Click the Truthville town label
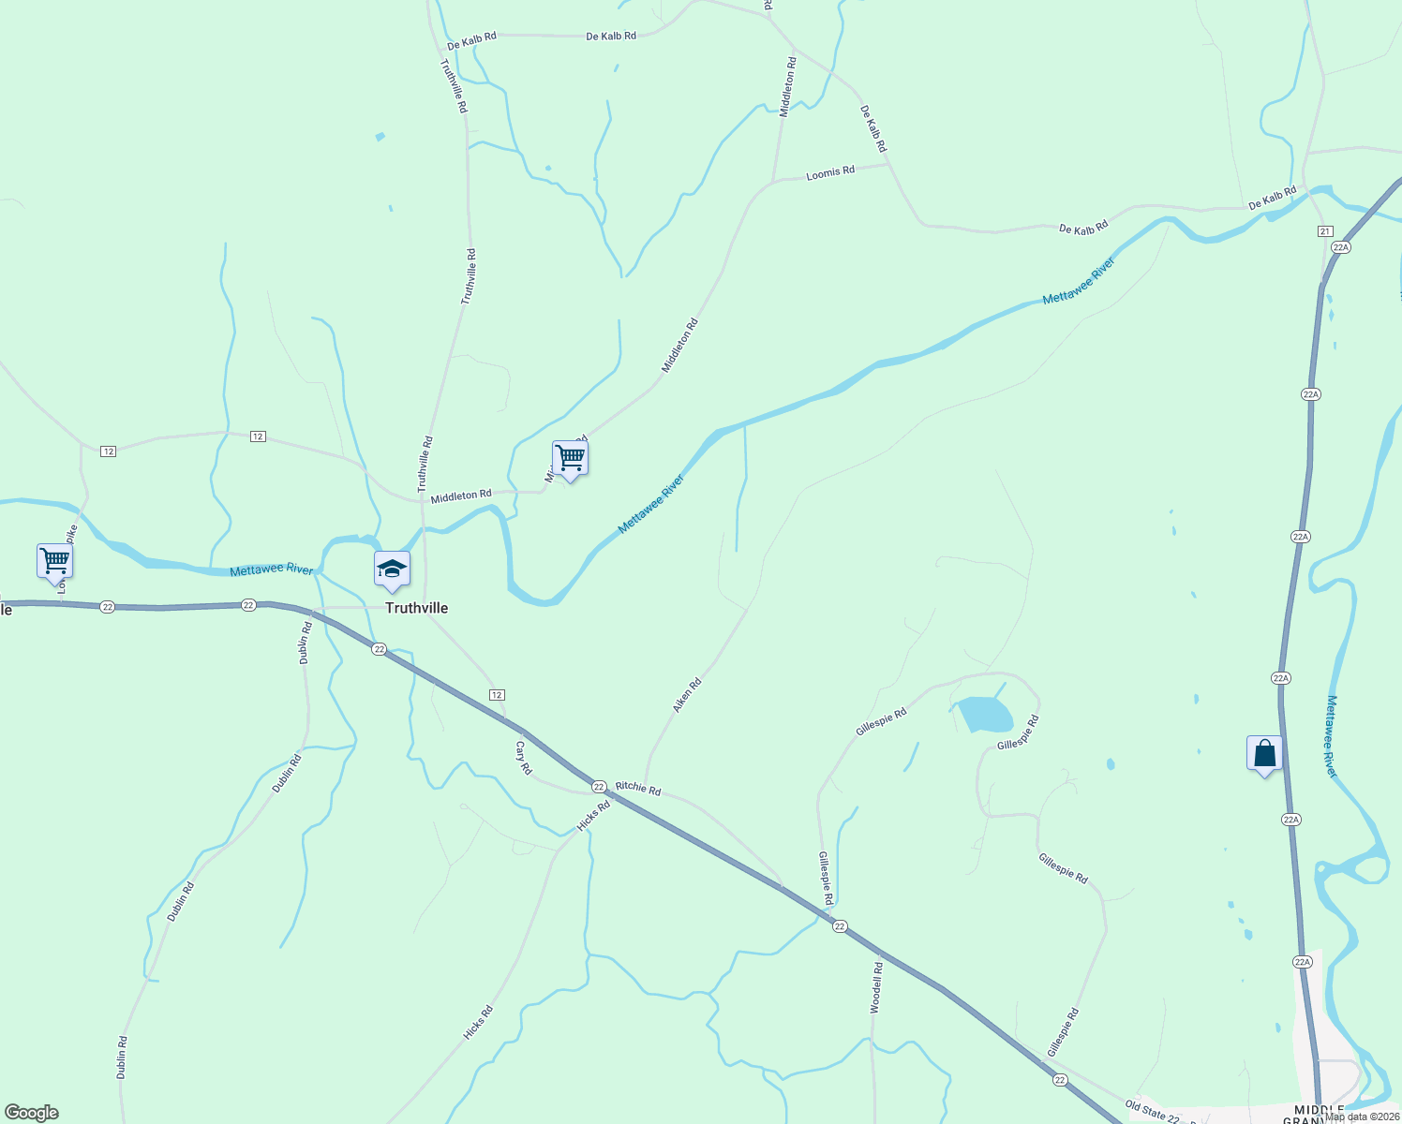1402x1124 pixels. pos(416,608)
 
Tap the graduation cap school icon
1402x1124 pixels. pos(392,569)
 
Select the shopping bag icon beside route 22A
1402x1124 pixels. pos(1264,754)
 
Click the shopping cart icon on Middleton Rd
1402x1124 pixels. pos(570,459)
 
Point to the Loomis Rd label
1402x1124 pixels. pos(830,173)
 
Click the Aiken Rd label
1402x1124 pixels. pos(687,696)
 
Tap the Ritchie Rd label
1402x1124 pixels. pos(638,789)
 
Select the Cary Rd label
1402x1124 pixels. pos(524,758)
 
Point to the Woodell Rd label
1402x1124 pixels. pos(876,987)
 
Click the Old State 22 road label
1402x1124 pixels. pos(1152,1111)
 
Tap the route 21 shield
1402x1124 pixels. pos(1324,230)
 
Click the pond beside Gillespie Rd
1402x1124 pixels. pos(984,715)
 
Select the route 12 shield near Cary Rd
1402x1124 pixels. pos(497,694)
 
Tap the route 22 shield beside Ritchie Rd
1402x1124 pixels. pos(599,787)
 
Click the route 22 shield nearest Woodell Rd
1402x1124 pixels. pos(839,926)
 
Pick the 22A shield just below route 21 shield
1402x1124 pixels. pos(1340,247)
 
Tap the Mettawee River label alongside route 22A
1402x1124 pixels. pos(1332,736)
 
